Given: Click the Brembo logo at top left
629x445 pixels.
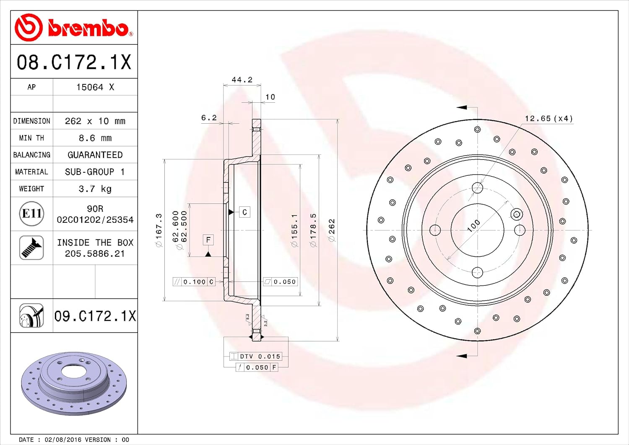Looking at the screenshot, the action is click(74, 28).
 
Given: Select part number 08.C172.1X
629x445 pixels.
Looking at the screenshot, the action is click(74, 62).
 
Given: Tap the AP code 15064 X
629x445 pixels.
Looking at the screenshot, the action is click(95, 87).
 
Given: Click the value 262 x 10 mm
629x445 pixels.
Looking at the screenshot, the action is click(95, 121).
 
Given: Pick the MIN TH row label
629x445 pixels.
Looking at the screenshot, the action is click(31, 138).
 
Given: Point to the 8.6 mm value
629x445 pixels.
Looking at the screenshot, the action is click(95, 138).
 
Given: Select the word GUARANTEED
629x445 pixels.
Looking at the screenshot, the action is click(95, 155).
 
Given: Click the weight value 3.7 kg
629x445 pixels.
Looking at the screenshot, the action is click(95, 189).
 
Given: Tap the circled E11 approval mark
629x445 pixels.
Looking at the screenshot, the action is click(31, 213).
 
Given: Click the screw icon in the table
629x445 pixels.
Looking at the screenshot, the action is click(31, 247).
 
